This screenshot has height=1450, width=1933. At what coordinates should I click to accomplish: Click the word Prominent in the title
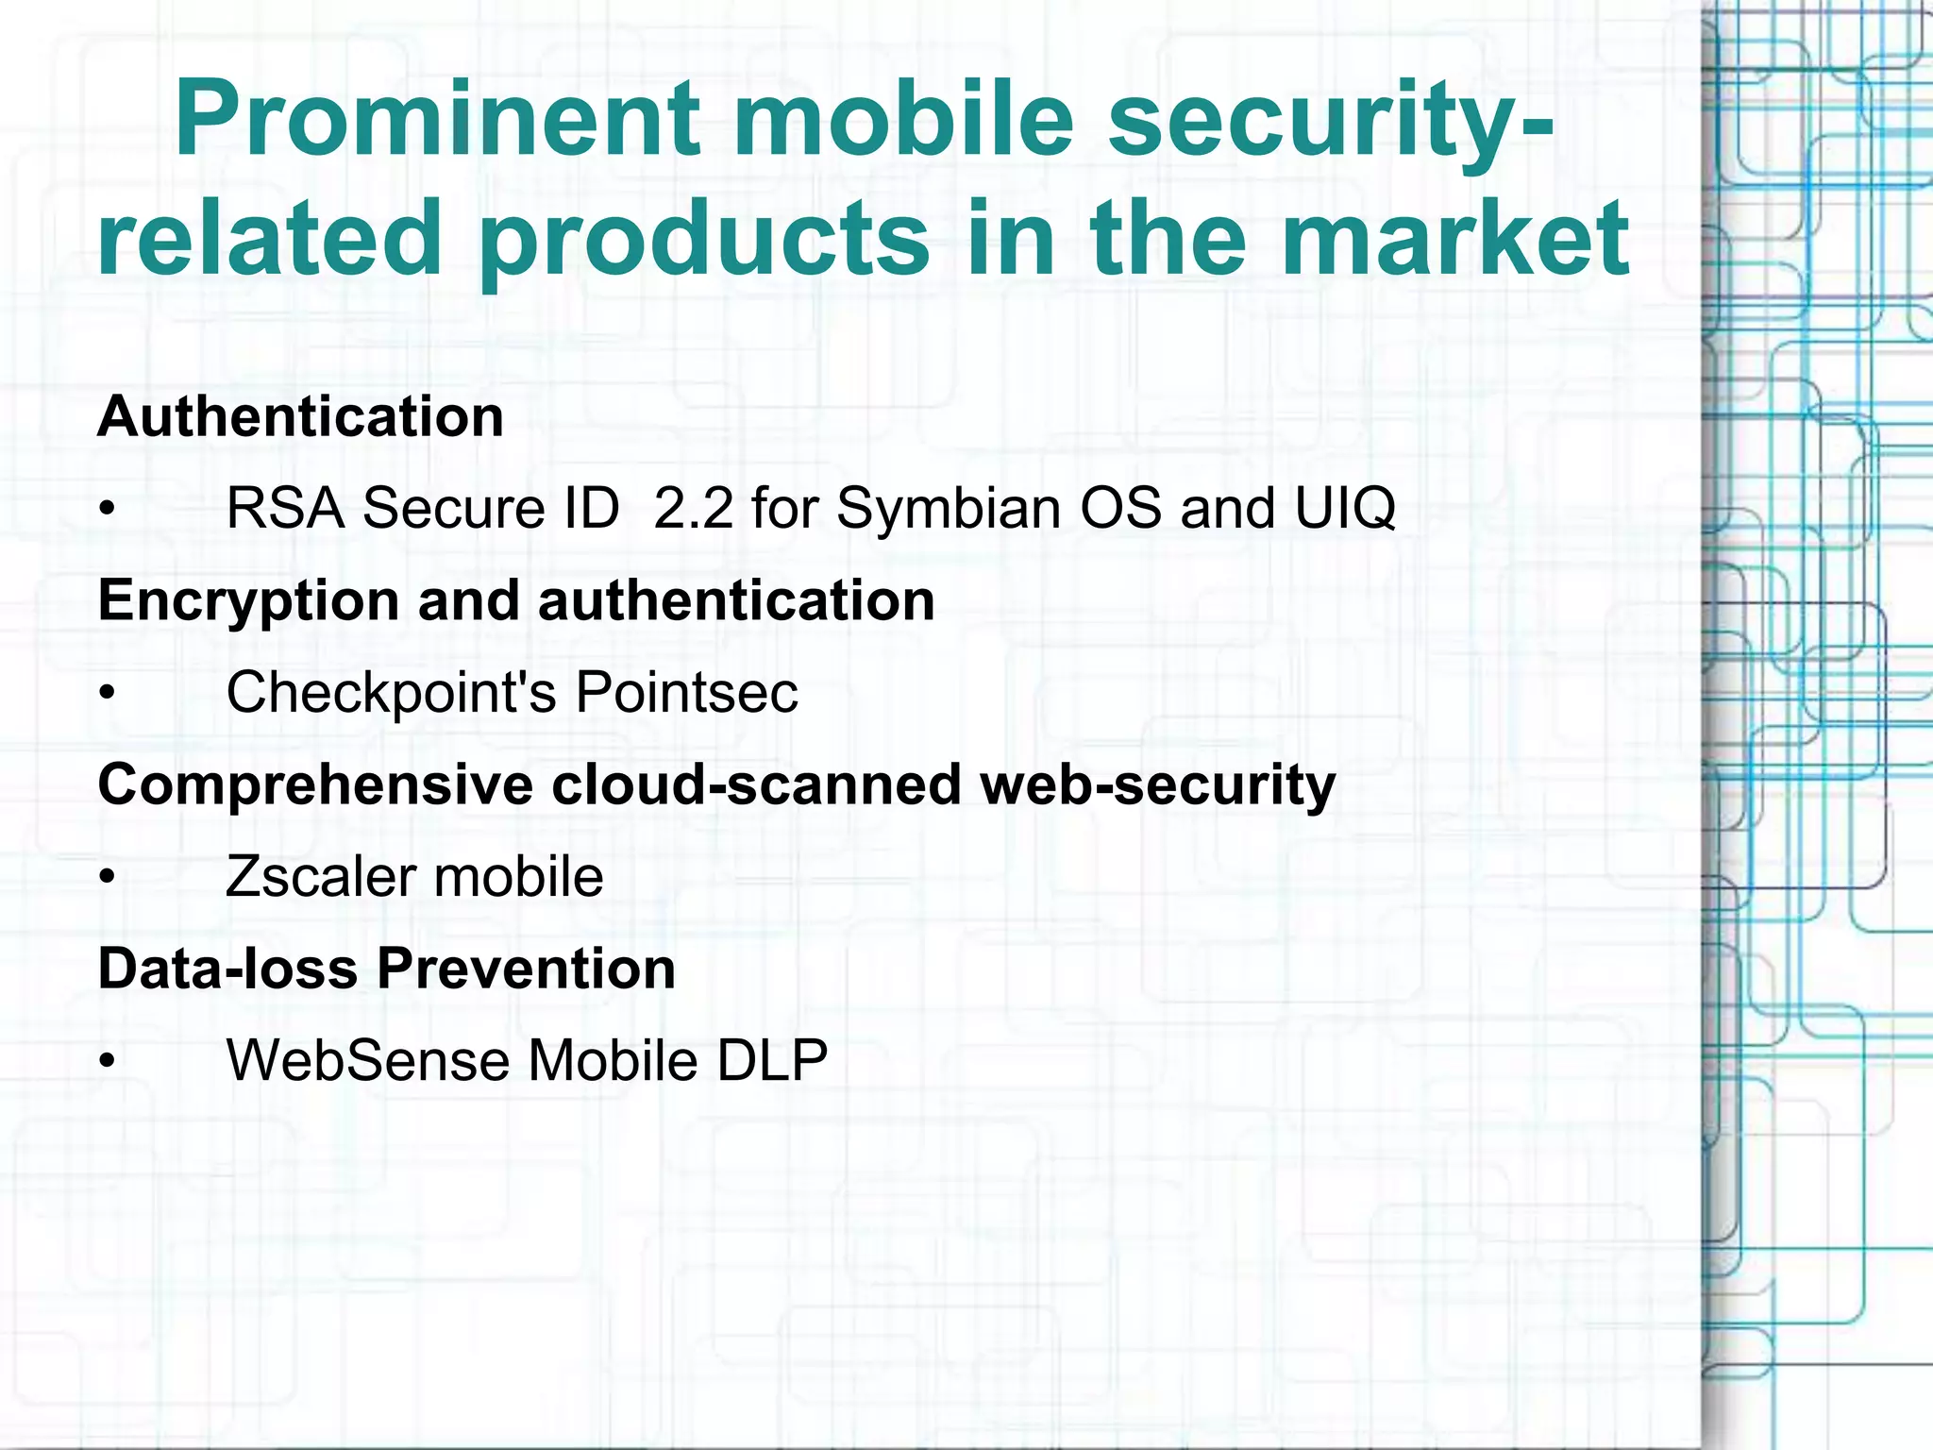click(x=437, y=120)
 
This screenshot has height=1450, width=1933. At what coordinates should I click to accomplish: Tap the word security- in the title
click(x=1331, y=120)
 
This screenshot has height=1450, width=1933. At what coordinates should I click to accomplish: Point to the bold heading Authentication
click(x=300, y=416)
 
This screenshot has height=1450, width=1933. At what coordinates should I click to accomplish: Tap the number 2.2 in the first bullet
click(x=693, y=508)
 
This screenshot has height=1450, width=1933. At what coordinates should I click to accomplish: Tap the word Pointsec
click(x=686, y=693)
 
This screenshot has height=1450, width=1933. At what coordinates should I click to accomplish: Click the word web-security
click(x=1158, y=785)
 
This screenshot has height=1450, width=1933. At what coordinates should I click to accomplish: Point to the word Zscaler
click(x=321, y=877)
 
